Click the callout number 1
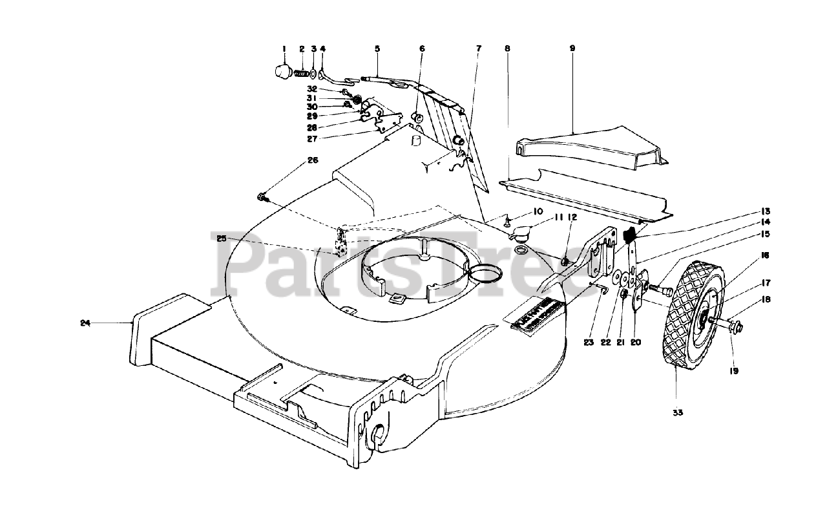click(x=283, y=48)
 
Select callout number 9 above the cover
click(x=572, y=48)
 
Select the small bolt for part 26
click(x=262, y=195)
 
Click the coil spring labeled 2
click(x=300, y=74)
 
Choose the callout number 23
click(x=588, y=343)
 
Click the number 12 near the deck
click(x=572, y=218)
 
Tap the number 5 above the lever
click(x=377, y=48)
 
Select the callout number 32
click(x=312, y=89)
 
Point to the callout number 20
click(x=636, y=343)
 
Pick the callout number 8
click(x=508, y=48)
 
